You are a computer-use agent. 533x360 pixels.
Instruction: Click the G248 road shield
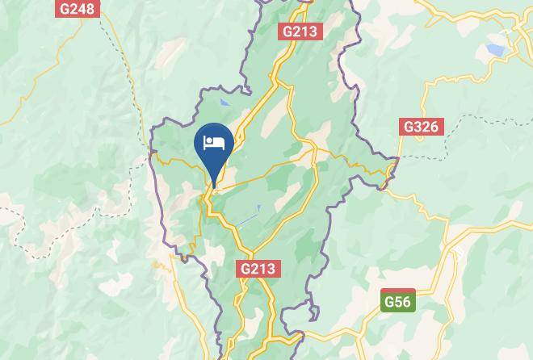(x=78, y=9)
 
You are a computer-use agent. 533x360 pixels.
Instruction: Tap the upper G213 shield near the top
(x=300, y=31)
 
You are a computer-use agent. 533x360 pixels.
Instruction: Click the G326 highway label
(x=421, y=127)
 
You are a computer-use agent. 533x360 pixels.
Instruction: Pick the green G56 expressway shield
(x=397, y=301)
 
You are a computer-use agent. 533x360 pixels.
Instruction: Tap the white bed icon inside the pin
(x=214, y=143)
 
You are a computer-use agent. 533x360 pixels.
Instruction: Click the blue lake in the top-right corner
(x=495, y=50)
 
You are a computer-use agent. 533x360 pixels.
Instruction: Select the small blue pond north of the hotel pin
(x=224, y=103)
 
